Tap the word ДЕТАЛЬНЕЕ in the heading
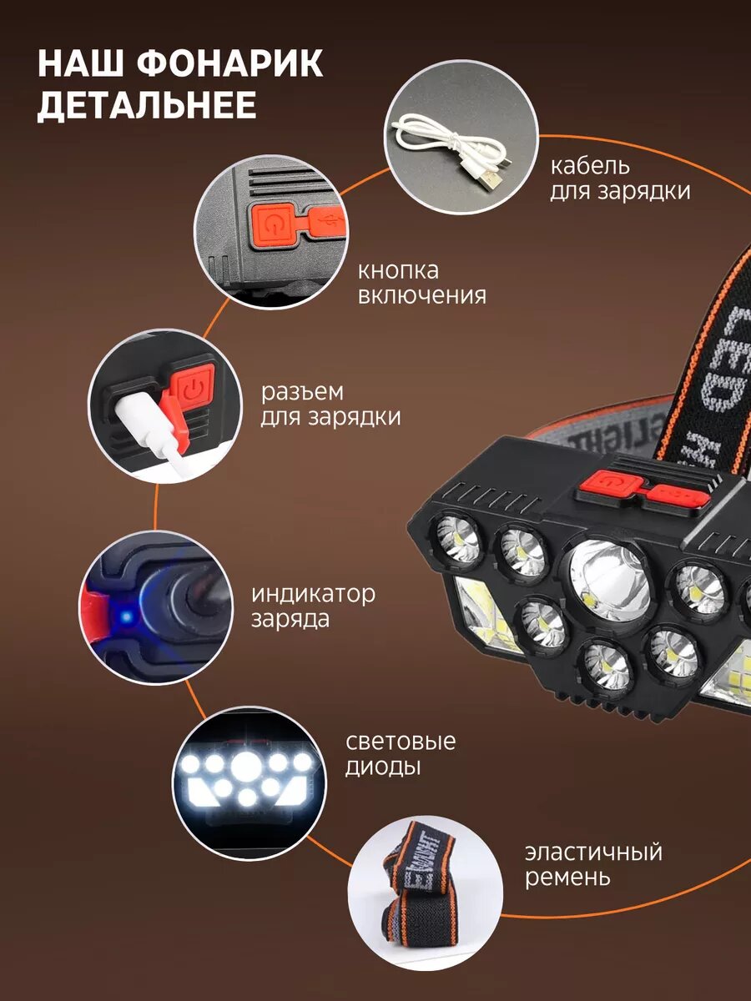146,105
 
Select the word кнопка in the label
398,271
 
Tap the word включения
421,296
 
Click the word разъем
302,393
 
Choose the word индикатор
313,594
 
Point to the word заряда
290,620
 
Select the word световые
401,741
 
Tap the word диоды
382,767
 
